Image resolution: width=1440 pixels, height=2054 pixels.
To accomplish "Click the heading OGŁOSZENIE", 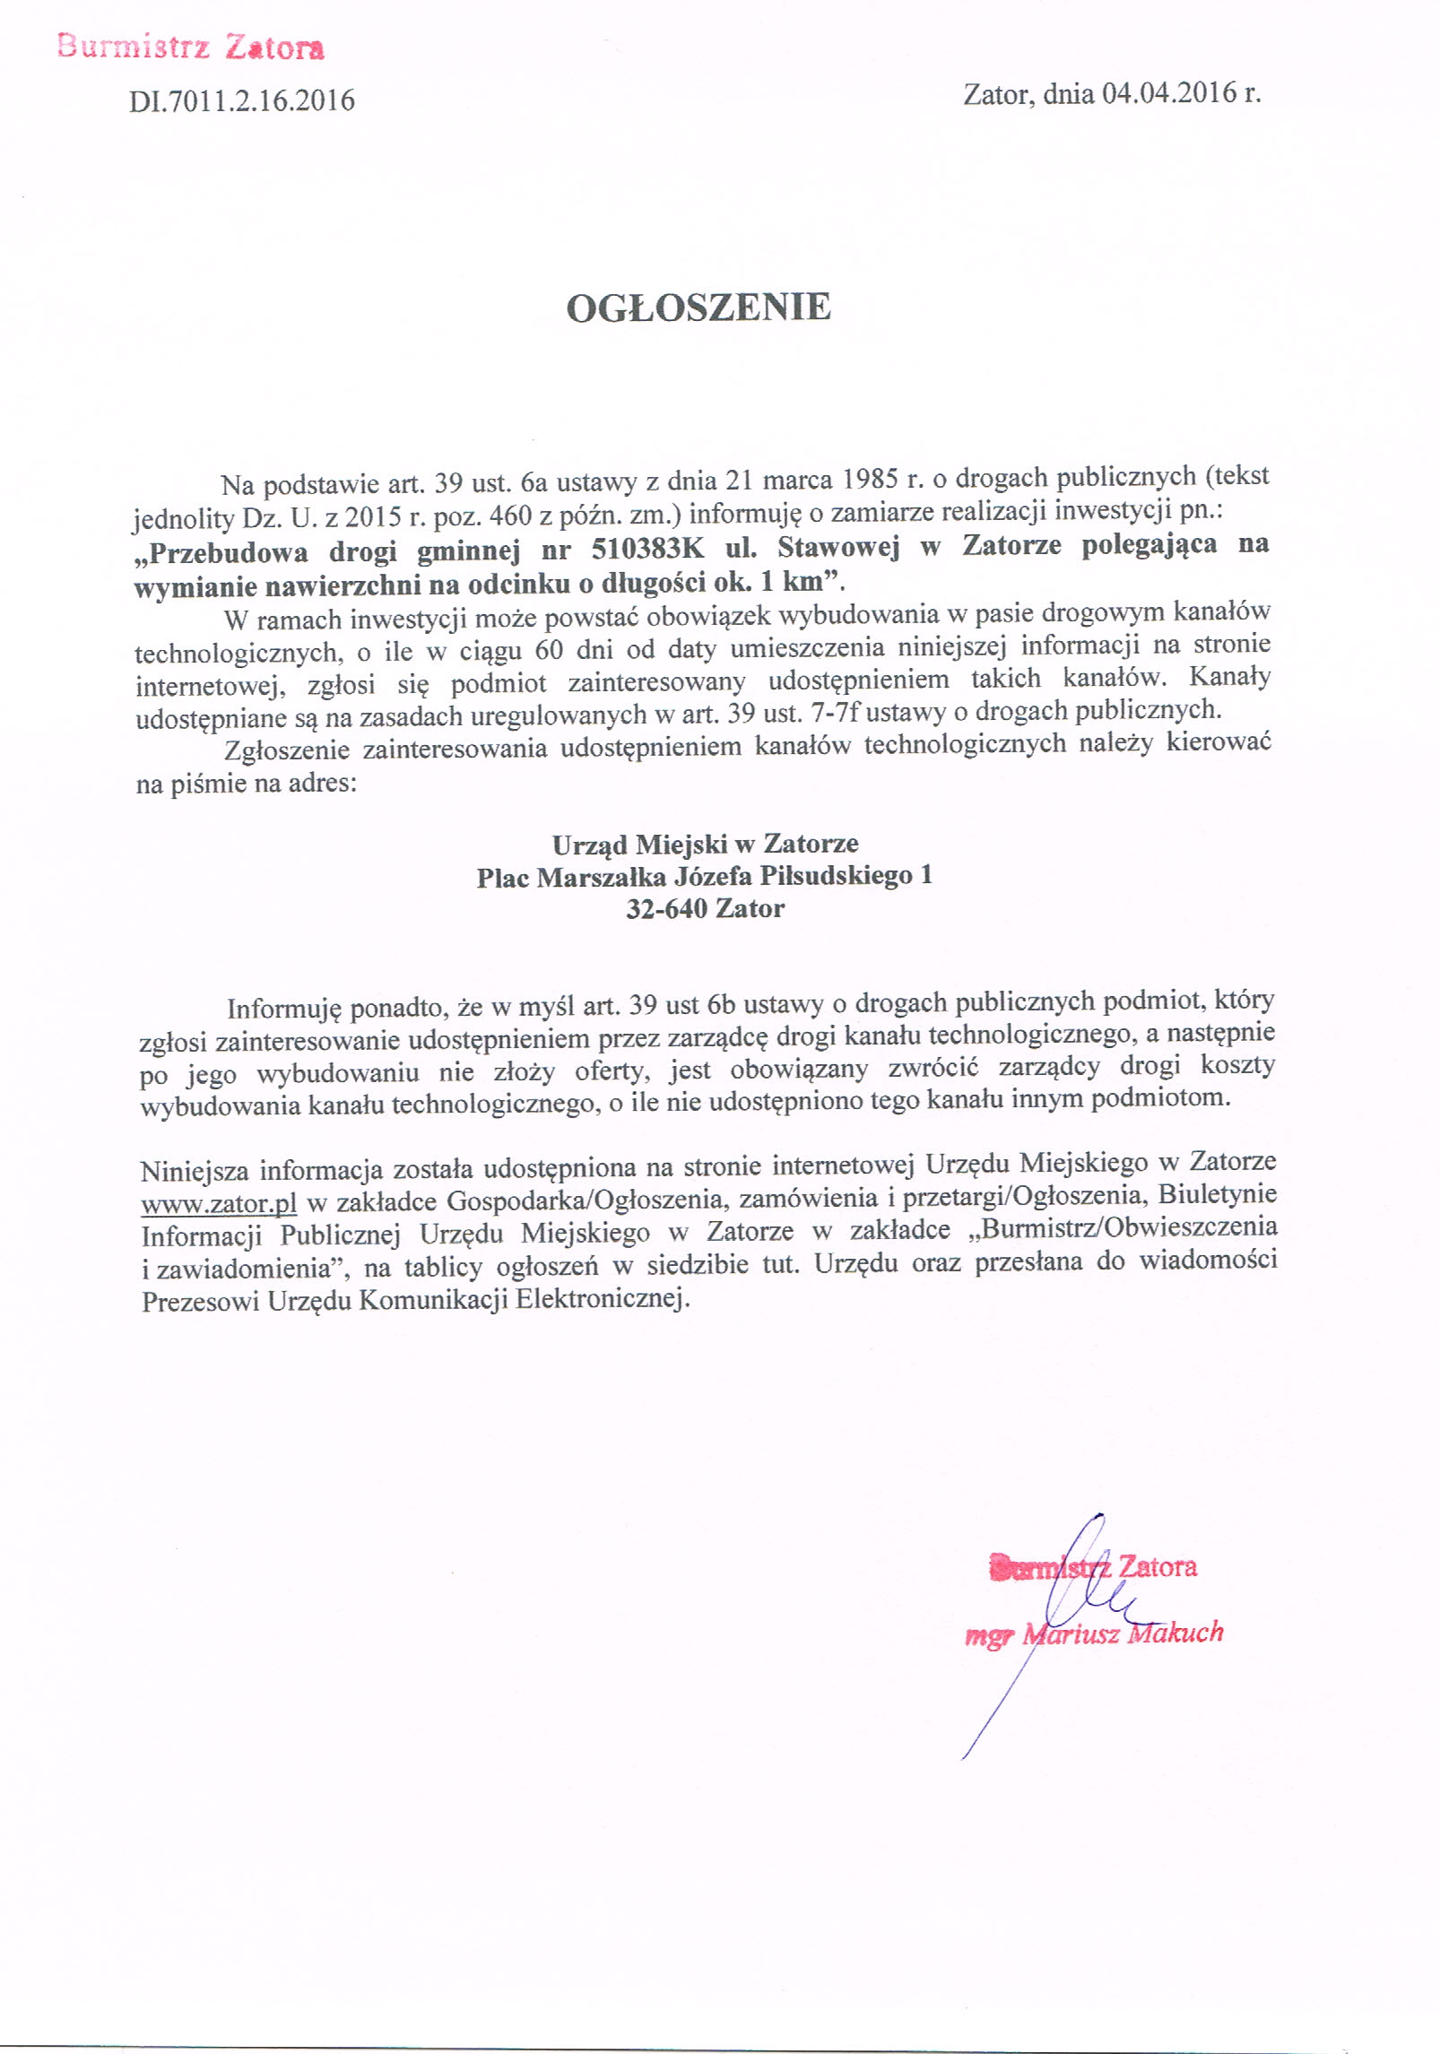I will click(698, 308).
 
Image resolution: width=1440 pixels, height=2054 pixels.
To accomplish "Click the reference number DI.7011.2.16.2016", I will click(242, 100).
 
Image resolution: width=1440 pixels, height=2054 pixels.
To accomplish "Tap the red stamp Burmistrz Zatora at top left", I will click(190, 46).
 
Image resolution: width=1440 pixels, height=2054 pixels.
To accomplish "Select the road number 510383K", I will click(647, 548).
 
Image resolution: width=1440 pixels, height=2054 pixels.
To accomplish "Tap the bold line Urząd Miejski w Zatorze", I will click(705, 844).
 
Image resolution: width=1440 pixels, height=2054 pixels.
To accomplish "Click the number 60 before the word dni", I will click(548, 649).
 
